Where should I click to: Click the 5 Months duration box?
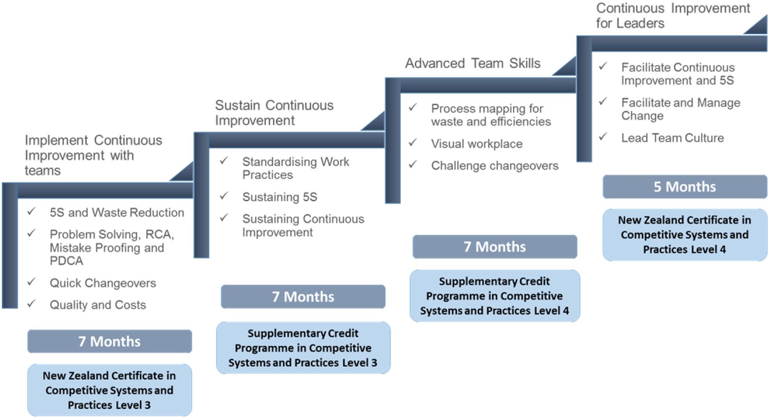pyautogui.click(x=685, y=186)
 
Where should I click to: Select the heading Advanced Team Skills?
pyautogui.click(x=473, y=64)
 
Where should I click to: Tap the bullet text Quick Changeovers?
pyautogui.click(x=103, y=283)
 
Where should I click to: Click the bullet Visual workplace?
pyautogui.click(x=476, y=144)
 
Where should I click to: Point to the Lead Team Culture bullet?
pyautogui.click(x=672, y=138)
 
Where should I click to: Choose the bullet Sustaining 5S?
pyautogui.click(x=280, y=197)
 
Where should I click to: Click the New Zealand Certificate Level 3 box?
pyautogui.click(x=110, y=390)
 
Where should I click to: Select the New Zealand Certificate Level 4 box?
pyautogui.click(x=685, y=235)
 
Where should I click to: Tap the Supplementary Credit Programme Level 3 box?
pyautogui.click(x=303, y=348)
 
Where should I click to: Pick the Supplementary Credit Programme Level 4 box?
pyautogui.click(x=494, y=296)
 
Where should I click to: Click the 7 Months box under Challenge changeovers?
pyautogui.click(x=494, y=247)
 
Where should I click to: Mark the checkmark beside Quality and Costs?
pyautogui.click(x=32, y=304)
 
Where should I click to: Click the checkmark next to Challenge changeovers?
pyautogui.click(x=413, y=164)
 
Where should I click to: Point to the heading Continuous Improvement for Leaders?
pyautogui.click(x=673, y=16)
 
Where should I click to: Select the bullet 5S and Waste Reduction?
pyautogui.click(x=117, y=213)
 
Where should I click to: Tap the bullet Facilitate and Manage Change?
pyautogui.click(x=680, y=109)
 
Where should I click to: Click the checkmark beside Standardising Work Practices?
pyautogui.click(x=224, y=161)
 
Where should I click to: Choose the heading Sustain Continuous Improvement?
pyautogui.click(x=274, y=113)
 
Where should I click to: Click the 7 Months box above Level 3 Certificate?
pyautogui.click(x=110, y=342)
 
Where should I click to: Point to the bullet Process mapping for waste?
pyautogui.click(x=491, y=115)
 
